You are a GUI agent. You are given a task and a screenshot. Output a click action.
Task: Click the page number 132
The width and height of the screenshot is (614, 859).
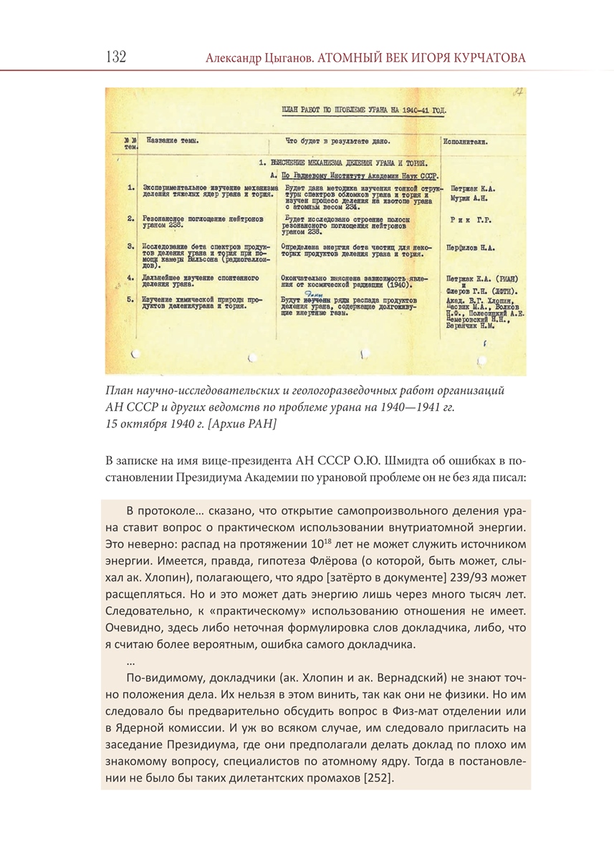[x=115, y=57]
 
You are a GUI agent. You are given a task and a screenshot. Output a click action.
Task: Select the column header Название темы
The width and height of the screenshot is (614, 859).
[x=172, y=142]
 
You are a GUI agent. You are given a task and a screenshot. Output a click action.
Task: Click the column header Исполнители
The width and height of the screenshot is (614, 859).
[x=466, y=142]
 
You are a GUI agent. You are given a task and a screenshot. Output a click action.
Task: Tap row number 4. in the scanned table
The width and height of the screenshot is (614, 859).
[x=131, y=276]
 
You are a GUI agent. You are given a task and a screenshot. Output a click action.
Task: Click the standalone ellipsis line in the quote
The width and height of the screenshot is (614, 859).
[x=130, y=661]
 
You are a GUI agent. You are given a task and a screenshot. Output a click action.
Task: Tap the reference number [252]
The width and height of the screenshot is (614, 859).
[x=377, y=778]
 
